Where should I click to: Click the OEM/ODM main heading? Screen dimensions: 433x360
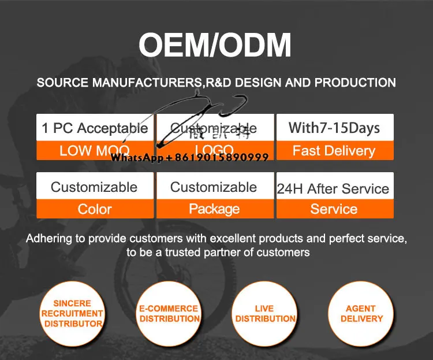click(x=215, y=46)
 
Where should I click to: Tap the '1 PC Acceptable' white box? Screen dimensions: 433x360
click(x=95, y=128)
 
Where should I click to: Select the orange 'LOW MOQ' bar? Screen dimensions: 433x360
click(x=95, y=151)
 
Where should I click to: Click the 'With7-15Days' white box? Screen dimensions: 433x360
click(x=335, y=128)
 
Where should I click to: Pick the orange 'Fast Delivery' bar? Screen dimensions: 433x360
click(x=335, y=151)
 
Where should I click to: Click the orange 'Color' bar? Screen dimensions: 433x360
click(x=95, y=209)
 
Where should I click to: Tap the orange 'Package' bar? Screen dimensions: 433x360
click(x=215, y=209)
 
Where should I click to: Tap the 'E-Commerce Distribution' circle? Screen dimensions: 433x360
click(x=169, y=313)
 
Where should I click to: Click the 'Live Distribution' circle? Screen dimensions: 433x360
click(x=265, y=313)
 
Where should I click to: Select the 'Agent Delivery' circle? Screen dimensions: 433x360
click(x=361, y=313)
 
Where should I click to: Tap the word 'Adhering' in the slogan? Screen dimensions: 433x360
click(x=47, y=238)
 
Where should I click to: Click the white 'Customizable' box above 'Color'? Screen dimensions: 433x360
click(x=94, y=187)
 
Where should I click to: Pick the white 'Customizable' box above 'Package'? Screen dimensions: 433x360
click(x=214, y=187)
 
